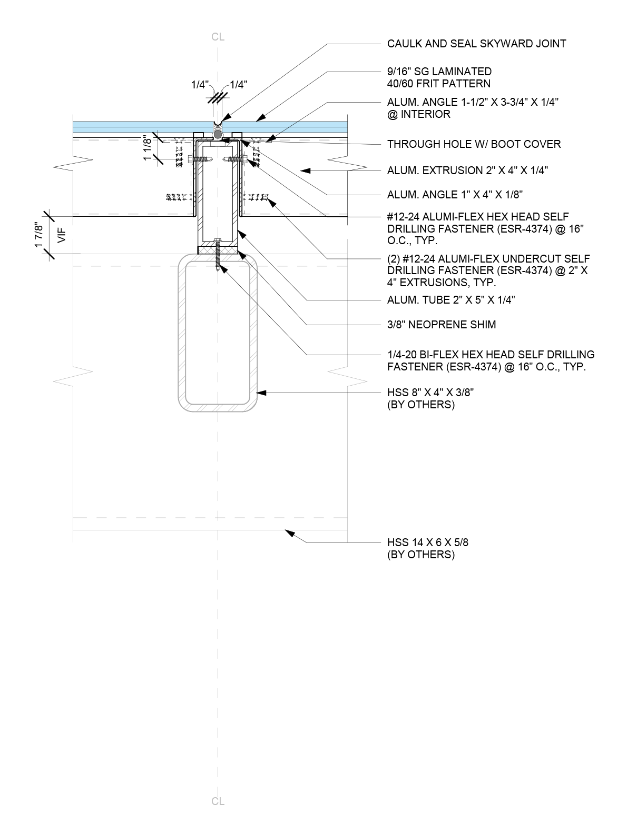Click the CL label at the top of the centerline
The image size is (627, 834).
tap(218, 37)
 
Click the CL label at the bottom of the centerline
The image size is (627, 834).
tap(218, 801)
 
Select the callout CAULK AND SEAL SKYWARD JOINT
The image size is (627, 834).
tap(476, 44)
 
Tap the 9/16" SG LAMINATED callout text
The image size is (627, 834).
tap(439, 72)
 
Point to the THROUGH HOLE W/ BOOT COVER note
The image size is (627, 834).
tap(474, 144)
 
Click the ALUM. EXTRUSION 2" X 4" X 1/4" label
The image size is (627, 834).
tap(467, 170)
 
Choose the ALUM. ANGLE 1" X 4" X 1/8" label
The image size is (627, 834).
tap(455, 195)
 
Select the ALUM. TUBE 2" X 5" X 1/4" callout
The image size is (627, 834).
tap(451, 300)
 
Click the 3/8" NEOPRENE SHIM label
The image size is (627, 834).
tap(442, 324)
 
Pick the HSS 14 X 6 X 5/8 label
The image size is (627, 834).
tap(427, 542)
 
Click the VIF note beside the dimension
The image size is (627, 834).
tap(61, 235)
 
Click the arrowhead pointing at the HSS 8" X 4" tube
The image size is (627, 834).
tap(261, 392)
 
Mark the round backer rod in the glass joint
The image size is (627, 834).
tap(218, 135)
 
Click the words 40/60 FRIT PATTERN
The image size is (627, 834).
tap(439, 84)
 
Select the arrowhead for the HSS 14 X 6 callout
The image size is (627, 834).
tap(289, 534)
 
